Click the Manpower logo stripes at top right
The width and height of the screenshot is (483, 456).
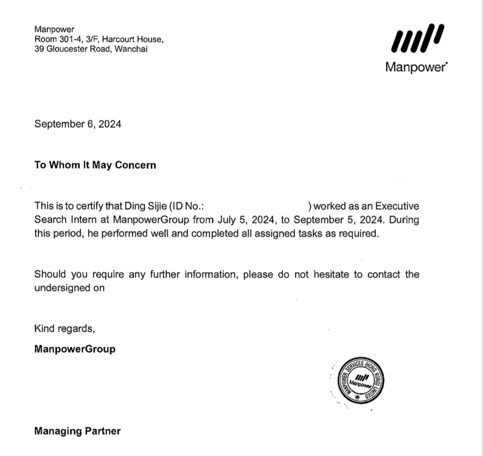(417, 38)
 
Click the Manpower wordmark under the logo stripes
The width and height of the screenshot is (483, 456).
(416, 67)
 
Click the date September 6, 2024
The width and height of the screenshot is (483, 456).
(78, 124)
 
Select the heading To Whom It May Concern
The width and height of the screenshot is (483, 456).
(95, 165)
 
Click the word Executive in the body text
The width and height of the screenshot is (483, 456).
(397, 206)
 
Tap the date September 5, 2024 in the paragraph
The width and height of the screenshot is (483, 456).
(339, 220)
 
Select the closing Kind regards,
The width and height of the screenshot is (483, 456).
(65, 329)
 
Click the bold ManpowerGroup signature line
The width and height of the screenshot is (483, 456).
(75, 349)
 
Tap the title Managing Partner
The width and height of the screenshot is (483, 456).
(77, 431)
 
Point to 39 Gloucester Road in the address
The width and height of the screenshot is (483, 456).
(73, 50)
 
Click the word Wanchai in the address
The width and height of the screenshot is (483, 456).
(131, 50)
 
